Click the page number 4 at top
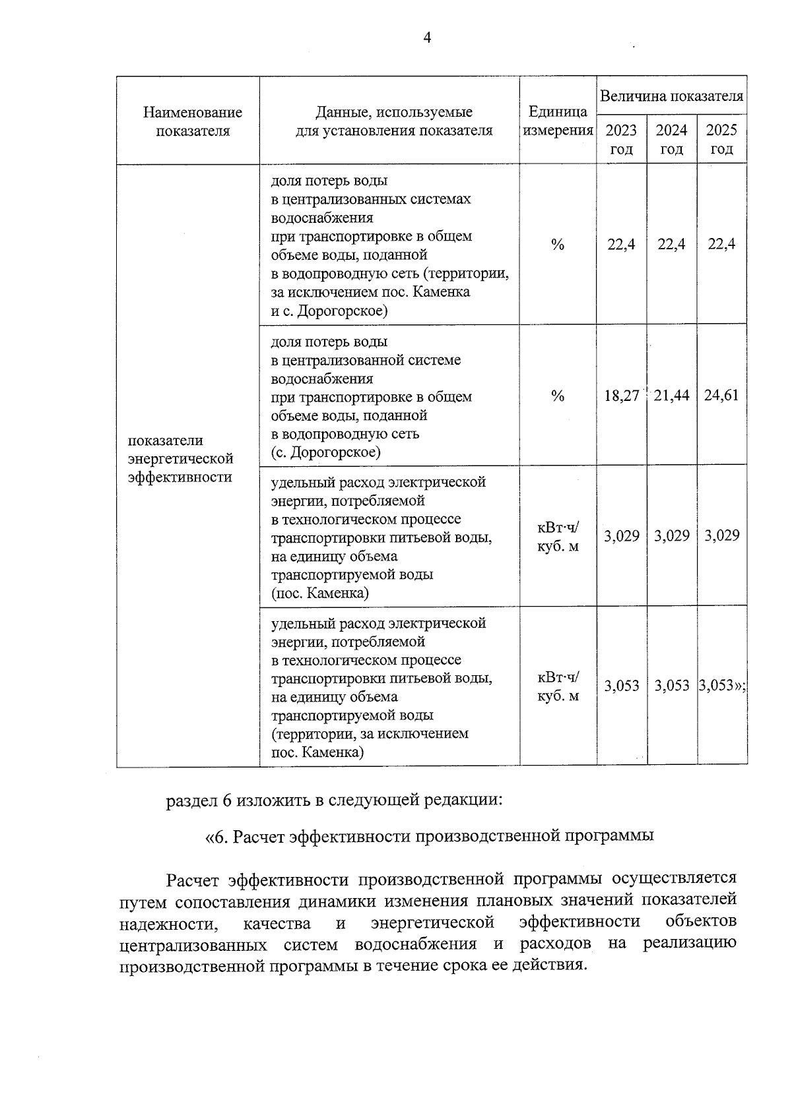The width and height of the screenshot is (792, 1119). click(x=427, y=38)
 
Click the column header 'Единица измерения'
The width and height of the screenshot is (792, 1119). click(x=558, y=121)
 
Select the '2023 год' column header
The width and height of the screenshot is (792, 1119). click(x=621, y=139)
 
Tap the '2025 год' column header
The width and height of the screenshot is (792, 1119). click(x=721, y=139)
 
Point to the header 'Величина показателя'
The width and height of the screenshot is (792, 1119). click(x=671, y=96)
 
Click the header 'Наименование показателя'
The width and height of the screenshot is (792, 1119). click(x=193, y=121)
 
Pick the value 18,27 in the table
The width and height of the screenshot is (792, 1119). click(x=621, y=396)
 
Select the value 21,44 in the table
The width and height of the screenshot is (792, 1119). click(x=671, y=396)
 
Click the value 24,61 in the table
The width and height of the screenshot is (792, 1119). click(x=721, y=396)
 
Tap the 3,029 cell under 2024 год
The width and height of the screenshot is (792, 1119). click(x=671, y=535)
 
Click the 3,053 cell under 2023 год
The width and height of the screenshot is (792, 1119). click(x=621, y=686)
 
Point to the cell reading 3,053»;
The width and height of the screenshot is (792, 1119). click(x=722, y=686)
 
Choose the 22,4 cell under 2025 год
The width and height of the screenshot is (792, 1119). click(x=721, y=245)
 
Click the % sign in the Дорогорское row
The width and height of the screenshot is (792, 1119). click(x=558, y=396)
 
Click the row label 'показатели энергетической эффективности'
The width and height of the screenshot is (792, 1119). click(x=180, y=459)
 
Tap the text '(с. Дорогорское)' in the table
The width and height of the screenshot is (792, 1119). click(x=325, y=452)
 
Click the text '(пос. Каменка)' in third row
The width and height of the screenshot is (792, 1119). click(x=320, y=593)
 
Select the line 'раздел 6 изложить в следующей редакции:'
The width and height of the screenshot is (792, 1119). click(x=335, y=801)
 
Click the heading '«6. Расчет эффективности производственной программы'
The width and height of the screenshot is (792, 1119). click(x=429, y=837)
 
